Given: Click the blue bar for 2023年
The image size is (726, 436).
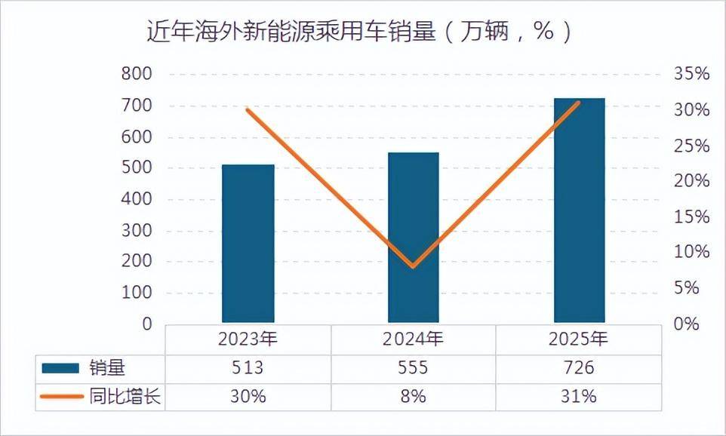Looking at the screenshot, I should [x=248, y=243].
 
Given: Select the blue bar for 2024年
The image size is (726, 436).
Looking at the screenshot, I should [x=413, y=237].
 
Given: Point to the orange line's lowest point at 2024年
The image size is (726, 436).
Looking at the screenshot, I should [x=413, y=266].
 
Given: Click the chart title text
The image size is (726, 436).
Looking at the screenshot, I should [x=358, y=32].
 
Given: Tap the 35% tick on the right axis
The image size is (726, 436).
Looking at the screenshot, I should [x=691, y=74].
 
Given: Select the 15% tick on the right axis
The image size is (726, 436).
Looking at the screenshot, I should [x=691, y=217].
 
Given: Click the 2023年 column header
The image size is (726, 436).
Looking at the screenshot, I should [x=248, y=339].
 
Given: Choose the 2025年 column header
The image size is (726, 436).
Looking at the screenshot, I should [x=579, y=339].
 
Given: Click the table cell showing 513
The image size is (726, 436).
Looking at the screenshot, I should [x=248, y=368].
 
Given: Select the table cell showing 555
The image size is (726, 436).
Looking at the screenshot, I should [x=413, y=368].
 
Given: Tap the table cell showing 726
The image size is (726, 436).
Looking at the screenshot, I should [x=579, y=368].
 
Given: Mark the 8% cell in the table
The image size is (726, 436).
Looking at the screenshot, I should [x=413, y=396].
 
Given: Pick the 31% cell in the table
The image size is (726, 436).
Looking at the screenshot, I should [x=579, y=396].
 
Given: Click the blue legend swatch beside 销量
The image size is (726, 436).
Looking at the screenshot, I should [x=60, y=368].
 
